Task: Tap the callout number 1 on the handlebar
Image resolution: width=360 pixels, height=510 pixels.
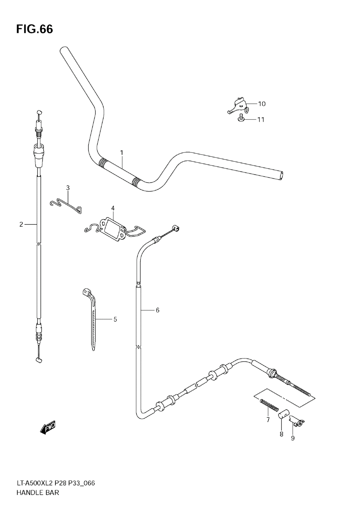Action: pyautogui.click(x=122, y=153)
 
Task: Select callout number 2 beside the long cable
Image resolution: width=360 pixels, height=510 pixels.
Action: pyautogui.click(x=21, y=224)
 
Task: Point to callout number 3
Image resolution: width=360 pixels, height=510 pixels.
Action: pyautogui.click(x=68, y=188)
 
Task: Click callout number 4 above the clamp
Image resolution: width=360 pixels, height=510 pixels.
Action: pyautogui.click(x=113, y=208)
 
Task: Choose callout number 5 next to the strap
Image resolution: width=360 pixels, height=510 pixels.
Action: pyautogui.click(x=115, y=319)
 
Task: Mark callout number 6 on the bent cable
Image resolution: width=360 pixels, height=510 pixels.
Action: pyautogui.click(x=157, y=310)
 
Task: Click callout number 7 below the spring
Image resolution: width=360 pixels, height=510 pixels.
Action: pyautogui.click(x=268, y=420)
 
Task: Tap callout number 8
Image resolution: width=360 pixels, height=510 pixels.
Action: pyautogui.click(x=282, y=434)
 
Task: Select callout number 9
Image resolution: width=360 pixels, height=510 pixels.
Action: pyautogui.click(x=293, y=438)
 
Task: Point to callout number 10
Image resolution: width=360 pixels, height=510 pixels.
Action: pyautogui.click(x=262, y=104)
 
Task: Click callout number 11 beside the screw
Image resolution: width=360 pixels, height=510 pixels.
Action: pyautogui.click(x=261, y=120)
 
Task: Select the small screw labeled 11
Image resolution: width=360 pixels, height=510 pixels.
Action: pyautogui.click(x=240, y=118)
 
